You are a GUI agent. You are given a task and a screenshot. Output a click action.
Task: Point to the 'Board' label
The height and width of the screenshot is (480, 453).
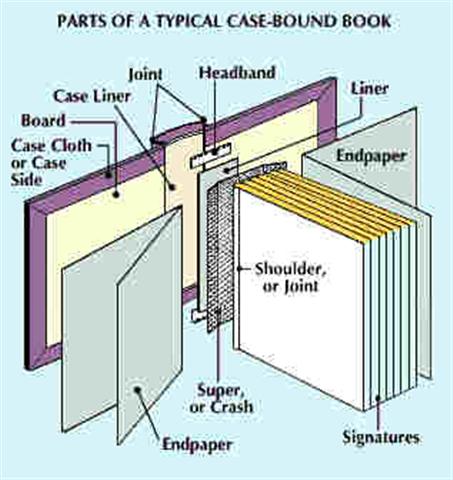tap(41, 121)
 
